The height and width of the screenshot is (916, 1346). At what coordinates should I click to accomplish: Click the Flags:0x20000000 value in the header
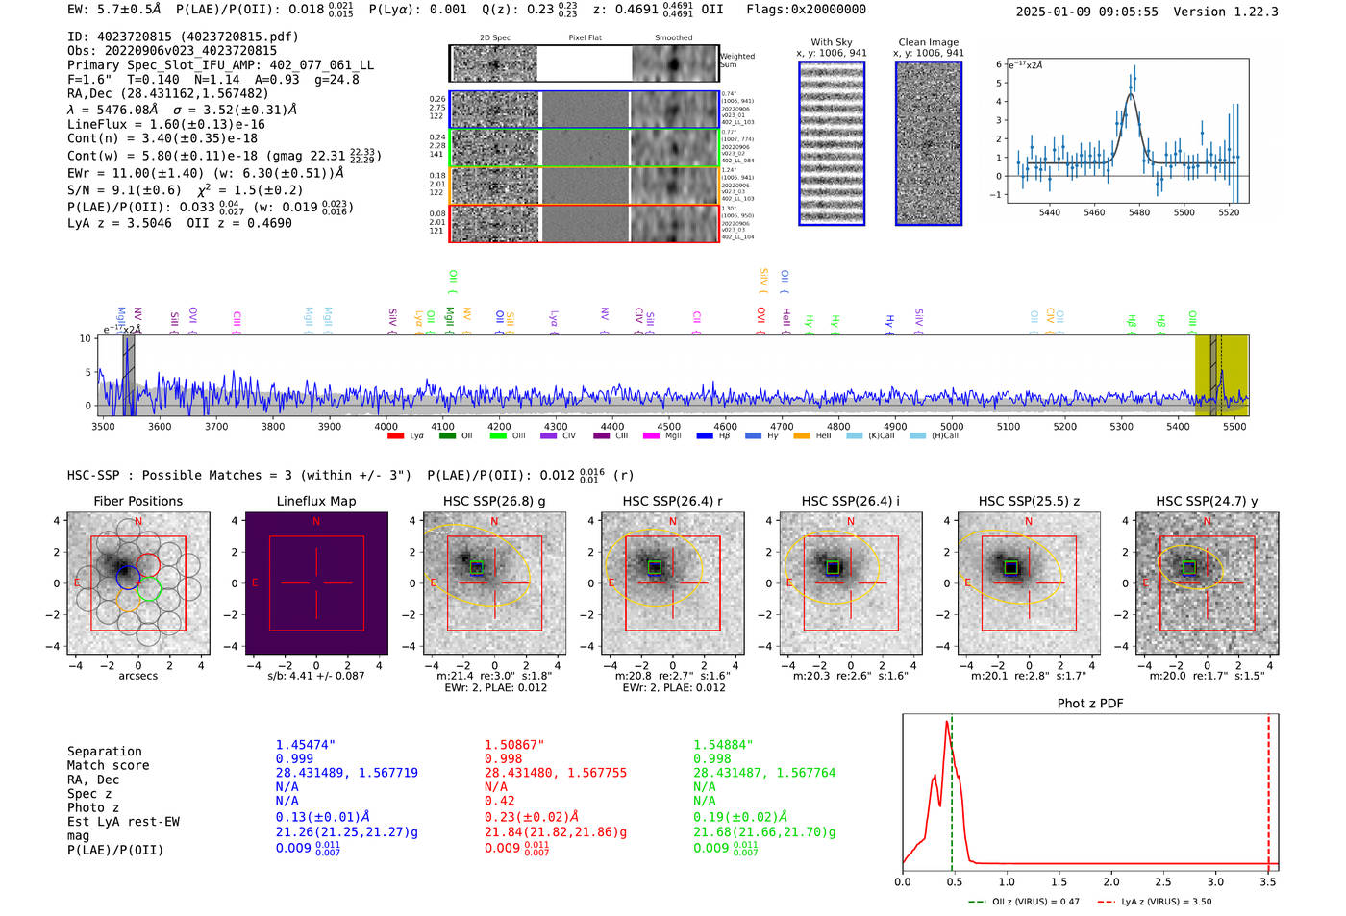(x=806, y=10)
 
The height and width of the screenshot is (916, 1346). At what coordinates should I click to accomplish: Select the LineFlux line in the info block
(x=165, y=124)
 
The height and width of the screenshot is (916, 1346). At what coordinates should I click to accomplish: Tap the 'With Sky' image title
(x=831, y=42)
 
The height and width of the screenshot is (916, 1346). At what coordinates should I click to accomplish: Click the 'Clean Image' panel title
(x=928, y=42)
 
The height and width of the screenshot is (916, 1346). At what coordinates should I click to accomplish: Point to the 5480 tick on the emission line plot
(x=1139, y=212)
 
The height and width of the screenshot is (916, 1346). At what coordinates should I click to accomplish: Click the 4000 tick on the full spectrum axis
(x=386, y=427)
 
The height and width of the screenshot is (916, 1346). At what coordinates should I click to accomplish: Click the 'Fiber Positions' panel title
(x=137, y=501)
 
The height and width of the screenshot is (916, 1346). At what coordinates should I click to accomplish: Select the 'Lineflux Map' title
(x=315, y=501)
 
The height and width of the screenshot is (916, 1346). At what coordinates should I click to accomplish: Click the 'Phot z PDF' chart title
(x=1089, y=704)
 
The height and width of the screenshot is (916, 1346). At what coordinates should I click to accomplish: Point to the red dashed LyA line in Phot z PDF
(x=1268, y=788)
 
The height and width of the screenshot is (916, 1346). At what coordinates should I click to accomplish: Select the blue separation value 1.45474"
(x=306, y=745)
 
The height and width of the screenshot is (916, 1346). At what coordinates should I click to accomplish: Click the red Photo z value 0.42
(x=499, y=801)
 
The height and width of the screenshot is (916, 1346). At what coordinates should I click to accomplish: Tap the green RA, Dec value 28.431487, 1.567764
(x=764, y=773)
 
